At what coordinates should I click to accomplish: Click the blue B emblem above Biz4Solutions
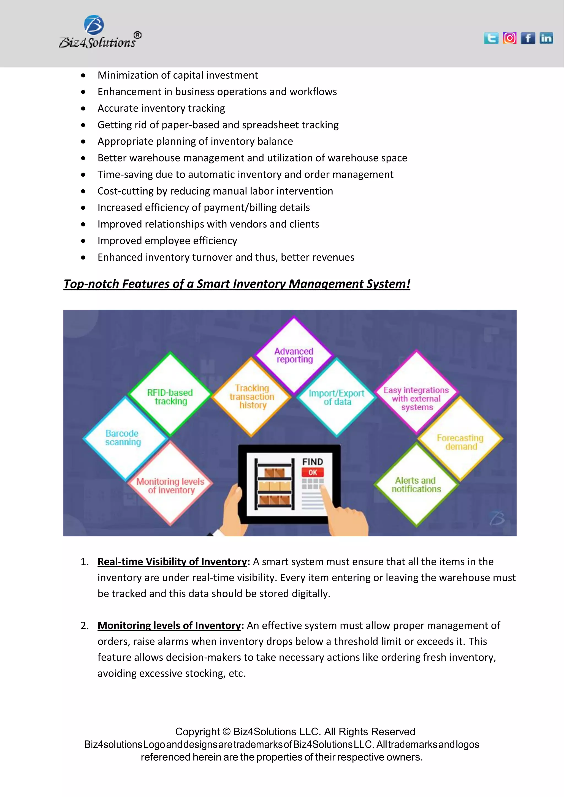click(94, 25)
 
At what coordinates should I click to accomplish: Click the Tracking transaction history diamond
click(251, 397)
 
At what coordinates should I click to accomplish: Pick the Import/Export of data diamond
click(337, 397)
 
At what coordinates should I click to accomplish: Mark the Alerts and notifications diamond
click(416, 485)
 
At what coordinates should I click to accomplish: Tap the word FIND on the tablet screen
click(313, 462)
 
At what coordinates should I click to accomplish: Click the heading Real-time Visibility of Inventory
click(172, 562)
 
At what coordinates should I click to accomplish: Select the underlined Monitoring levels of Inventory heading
click(169, 626)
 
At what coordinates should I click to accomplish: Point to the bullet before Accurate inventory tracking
click(83, 109)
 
